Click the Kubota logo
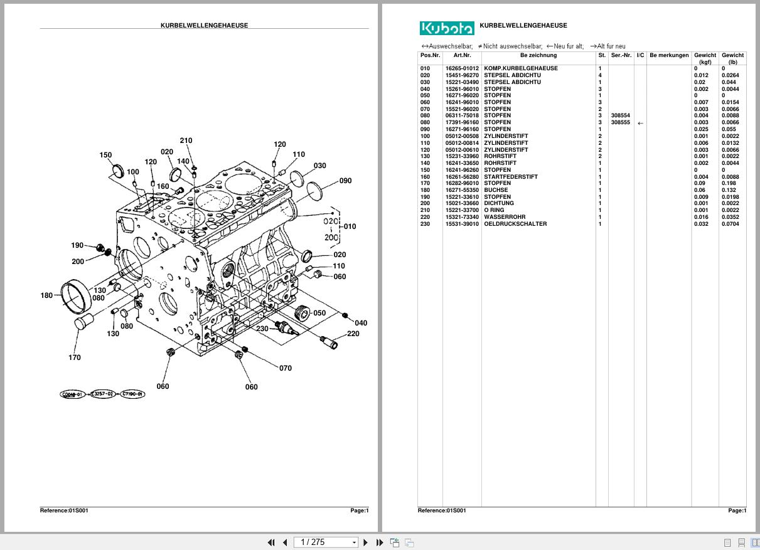click(x=446, y=28)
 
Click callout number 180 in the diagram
click(x=46, y=295)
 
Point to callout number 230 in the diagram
click(x=262, y=329)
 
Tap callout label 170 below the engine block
click(x=74, y=357)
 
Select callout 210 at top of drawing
click(x=186, y=140)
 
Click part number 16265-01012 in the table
click(x=462, y=68)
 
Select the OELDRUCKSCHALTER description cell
click(x=515, y=224)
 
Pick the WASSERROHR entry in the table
click(x=505, y=217)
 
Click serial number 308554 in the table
click(x=620, y=116)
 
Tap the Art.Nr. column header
click(x=462, y=55)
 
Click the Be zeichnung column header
click(x=538, y=55)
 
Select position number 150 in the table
click(x=425, y=170)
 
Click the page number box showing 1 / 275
click(x=326, y=542)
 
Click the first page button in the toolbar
click(x=271, y=542)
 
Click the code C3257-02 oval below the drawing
click(x=102, y=394)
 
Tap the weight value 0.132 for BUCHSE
click(x=729, y=190)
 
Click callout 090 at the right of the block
click(x=345, y=181)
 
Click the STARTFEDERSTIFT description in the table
click(x=511, y=177)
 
